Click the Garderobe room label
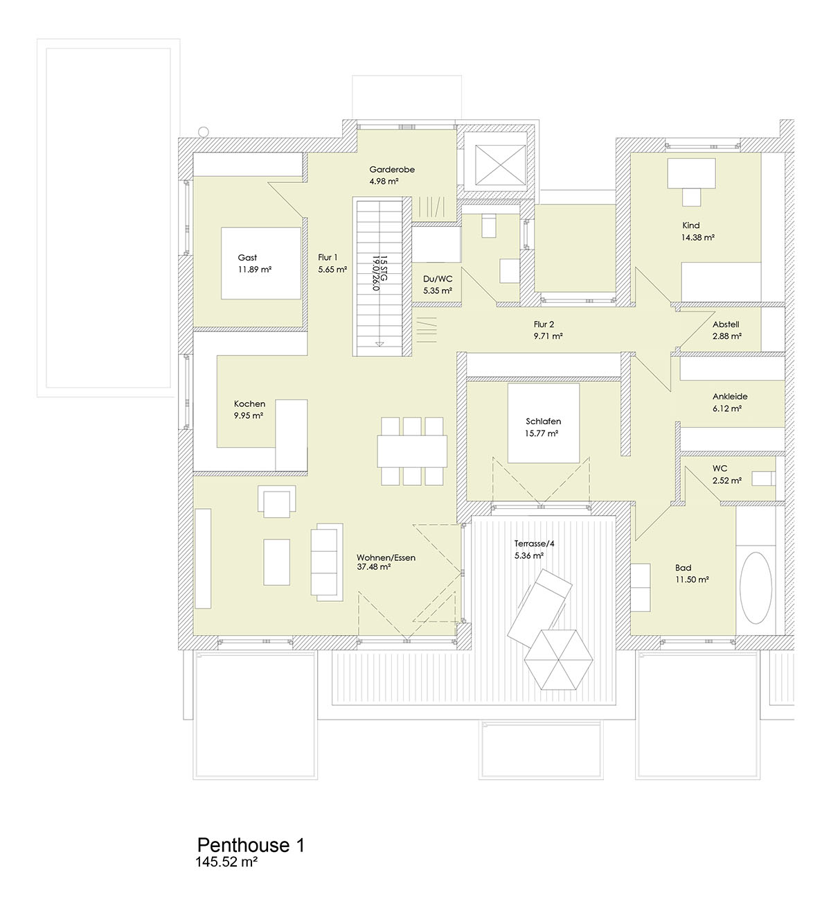point(392,169)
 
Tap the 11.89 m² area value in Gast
point(255,270)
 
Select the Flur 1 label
point(328,257)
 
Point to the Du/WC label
point(438,279)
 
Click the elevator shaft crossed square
point(500,165)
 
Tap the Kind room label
point(691,225)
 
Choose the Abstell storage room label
point(726,324)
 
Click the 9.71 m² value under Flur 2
point(548,336)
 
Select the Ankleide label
point(730,397)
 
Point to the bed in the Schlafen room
point(544,423)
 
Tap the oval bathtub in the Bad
point(756,588)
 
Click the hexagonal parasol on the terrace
point(559,659)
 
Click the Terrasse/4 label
point(535,544)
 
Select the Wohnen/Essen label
point(386,557)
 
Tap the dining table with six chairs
point(412,451)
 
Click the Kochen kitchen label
point(249,403)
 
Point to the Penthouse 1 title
point(251,844)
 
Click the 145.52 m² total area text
point(226,862)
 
